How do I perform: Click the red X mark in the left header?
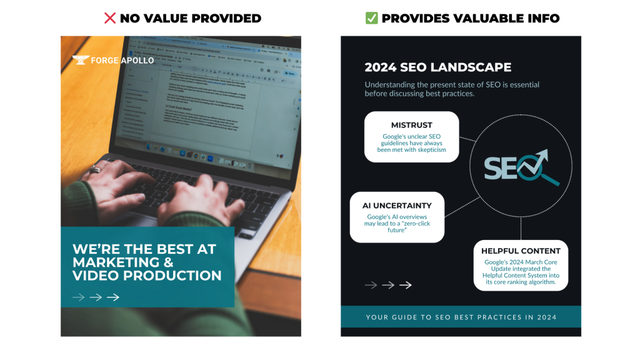(110, 18)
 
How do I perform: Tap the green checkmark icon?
(371, 18)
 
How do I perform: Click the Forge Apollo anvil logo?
(80, 60)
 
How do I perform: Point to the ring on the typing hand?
(94, 169)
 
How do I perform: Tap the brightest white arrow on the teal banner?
(113, 297)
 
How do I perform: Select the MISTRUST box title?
(411, 125)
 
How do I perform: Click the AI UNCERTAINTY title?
(397, 205)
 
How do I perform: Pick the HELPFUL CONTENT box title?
(521, 251)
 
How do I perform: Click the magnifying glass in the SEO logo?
(541, 169)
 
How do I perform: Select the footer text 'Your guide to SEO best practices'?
(461, 317)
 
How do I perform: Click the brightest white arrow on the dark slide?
(406, 285)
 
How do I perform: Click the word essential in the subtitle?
(520, 84)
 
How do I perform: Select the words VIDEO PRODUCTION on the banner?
(147, 276)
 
